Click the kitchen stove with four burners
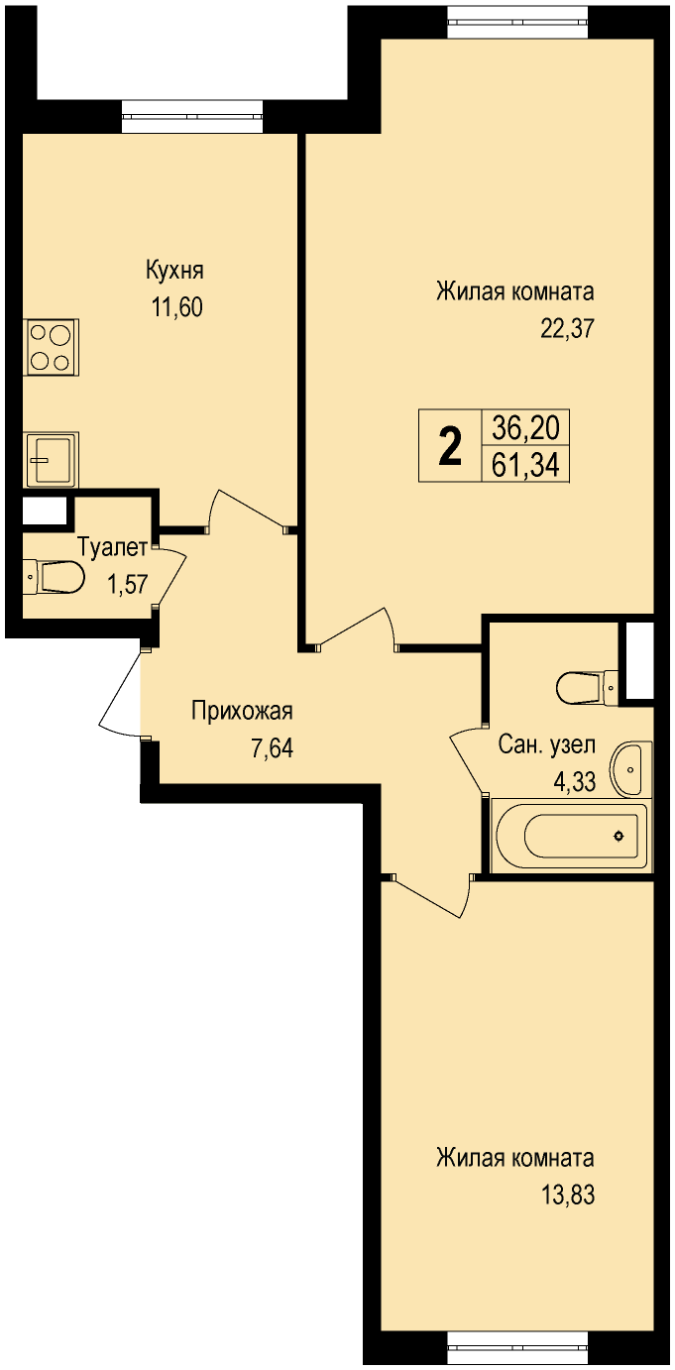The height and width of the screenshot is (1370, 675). (x=52, y=347)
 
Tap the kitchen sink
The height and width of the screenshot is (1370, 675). (x=52, y=460)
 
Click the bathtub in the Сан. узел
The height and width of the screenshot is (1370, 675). (x=569, y=836)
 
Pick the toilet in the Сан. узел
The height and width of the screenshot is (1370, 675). (x=588, y=687)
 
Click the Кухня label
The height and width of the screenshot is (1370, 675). (x=174, y=271)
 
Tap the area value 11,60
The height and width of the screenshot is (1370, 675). (x=177, y=307)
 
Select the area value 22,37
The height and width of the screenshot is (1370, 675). (x=567, y=329)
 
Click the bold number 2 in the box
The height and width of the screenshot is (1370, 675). (x=451, y=446)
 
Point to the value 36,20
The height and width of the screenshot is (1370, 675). (x=526, y=427)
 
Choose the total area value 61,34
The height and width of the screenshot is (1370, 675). (x=526, y=466)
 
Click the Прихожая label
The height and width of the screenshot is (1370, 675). (x=242, y=712)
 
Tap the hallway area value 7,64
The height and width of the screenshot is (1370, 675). (x=272, y=748)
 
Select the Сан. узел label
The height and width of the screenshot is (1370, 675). (x=546, y=745)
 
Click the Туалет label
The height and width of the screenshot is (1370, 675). (x=113, y=547)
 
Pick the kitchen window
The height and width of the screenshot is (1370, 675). (x=191, y=116)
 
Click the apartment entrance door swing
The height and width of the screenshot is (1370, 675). (x=120, y=693)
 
